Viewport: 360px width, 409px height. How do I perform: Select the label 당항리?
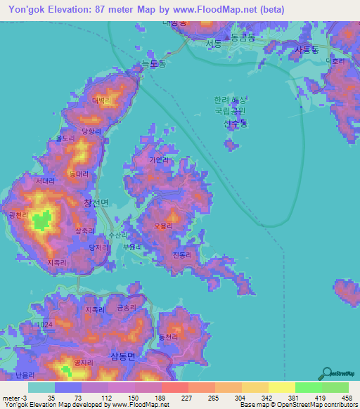click(x=91, y=131)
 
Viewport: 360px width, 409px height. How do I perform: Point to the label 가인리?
click(x=159, y=160)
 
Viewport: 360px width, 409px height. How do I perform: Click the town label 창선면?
click(x=96, y=202)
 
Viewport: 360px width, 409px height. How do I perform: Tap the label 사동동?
click(x=307, y=50)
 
